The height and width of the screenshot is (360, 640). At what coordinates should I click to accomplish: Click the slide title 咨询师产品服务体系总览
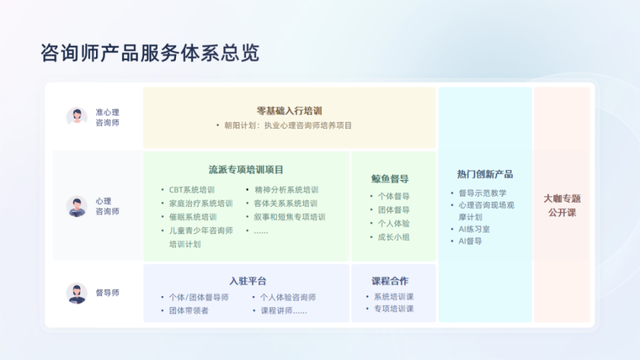(150, 53)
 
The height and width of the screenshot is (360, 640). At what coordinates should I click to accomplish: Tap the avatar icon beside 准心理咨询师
(77, 117)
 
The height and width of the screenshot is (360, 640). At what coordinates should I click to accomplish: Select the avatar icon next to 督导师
(77, 293)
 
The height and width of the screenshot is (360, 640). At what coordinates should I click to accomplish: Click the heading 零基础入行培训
(289, 111)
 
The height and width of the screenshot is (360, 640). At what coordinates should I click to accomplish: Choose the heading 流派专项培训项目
(246, 169)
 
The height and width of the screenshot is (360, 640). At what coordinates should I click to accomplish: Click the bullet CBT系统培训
(191, 190)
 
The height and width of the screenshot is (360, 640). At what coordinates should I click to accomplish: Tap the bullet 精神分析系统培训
(286, 190)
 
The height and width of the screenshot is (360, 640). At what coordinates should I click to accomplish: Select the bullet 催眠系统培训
(193, 217)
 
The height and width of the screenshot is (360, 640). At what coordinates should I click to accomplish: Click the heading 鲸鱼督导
(390, 179)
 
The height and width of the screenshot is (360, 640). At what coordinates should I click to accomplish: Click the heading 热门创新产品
(485, 175)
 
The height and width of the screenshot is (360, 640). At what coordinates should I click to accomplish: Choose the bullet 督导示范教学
(482, 193)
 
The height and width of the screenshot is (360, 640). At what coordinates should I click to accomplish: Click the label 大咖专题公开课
(562, 205)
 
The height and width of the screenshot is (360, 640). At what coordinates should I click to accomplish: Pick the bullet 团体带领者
(188, 311)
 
